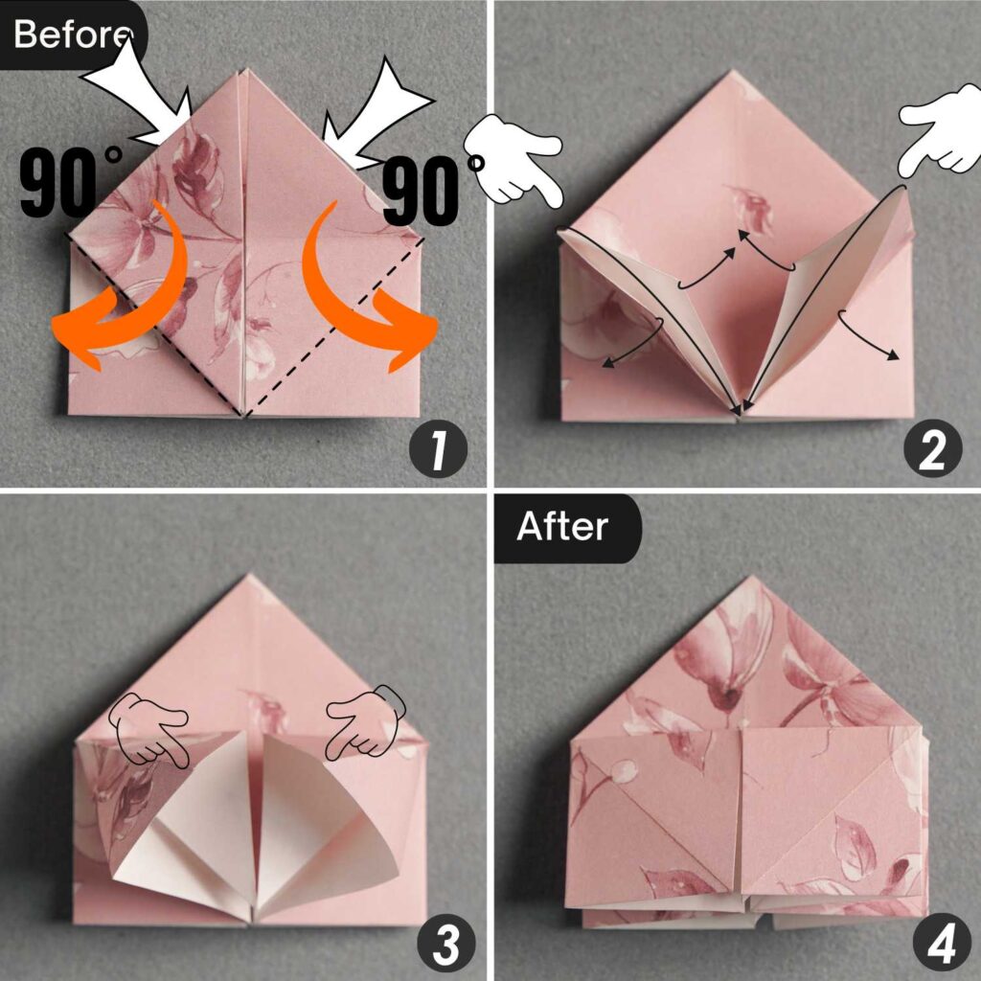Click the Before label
coord(71,34)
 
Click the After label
coord(562,527)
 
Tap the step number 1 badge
coord(438,451)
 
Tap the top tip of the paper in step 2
coord(732,73)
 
